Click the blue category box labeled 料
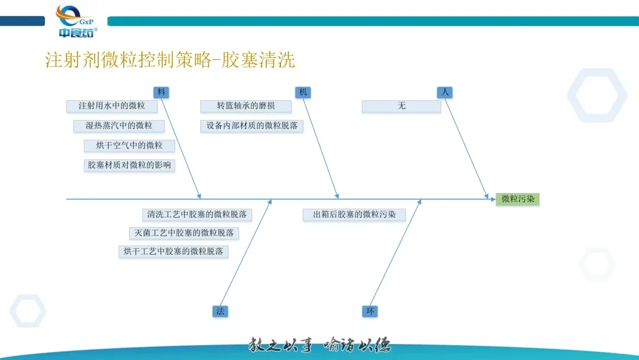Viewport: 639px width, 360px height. (x=161, y=92)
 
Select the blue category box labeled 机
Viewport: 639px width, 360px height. (x=303, y=92)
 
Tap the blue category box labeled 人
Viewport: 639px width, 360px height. (x=445, y=92)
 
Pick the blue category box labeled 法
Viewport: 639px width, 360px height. (x=220, y=311)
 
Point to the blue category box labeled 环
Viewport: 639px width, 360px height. (x=370, y=311)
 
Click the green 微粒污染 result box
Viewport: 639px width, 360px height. (x=518, y=200)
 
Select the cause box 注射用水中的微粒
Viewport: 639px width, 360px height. (x=112, y=106)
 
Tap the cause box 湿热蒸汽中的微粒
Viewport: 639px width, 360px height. (x=119, y=126)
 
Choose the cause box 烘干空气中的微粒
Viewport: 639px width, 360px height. (x=130, y=145)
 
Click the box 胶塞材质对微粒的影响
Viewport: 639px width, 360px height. (x=130, y=165)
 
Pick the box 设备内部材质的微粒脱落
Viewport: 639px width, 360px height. (x=251, y=126)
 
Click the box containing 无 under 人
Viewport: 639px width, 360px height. (x=401, y=106)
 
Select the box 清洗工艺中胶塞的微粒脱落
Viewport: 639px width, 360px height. (x=197, y=214)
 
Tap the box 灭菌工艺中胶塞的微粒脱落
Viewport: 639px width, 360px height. (x=184, y=233)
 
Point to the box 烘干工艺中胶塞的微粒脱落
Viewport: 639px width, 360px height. (x=173, y=252)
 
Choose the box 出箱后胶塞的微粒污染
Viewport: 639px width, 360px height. (x=354, y=214)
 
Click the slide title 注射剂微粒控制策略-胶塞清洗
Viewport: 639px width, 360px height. (x=170, y=60)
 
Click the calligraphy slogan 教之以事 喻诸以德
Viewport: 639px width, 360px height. (x=319, y=344)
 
